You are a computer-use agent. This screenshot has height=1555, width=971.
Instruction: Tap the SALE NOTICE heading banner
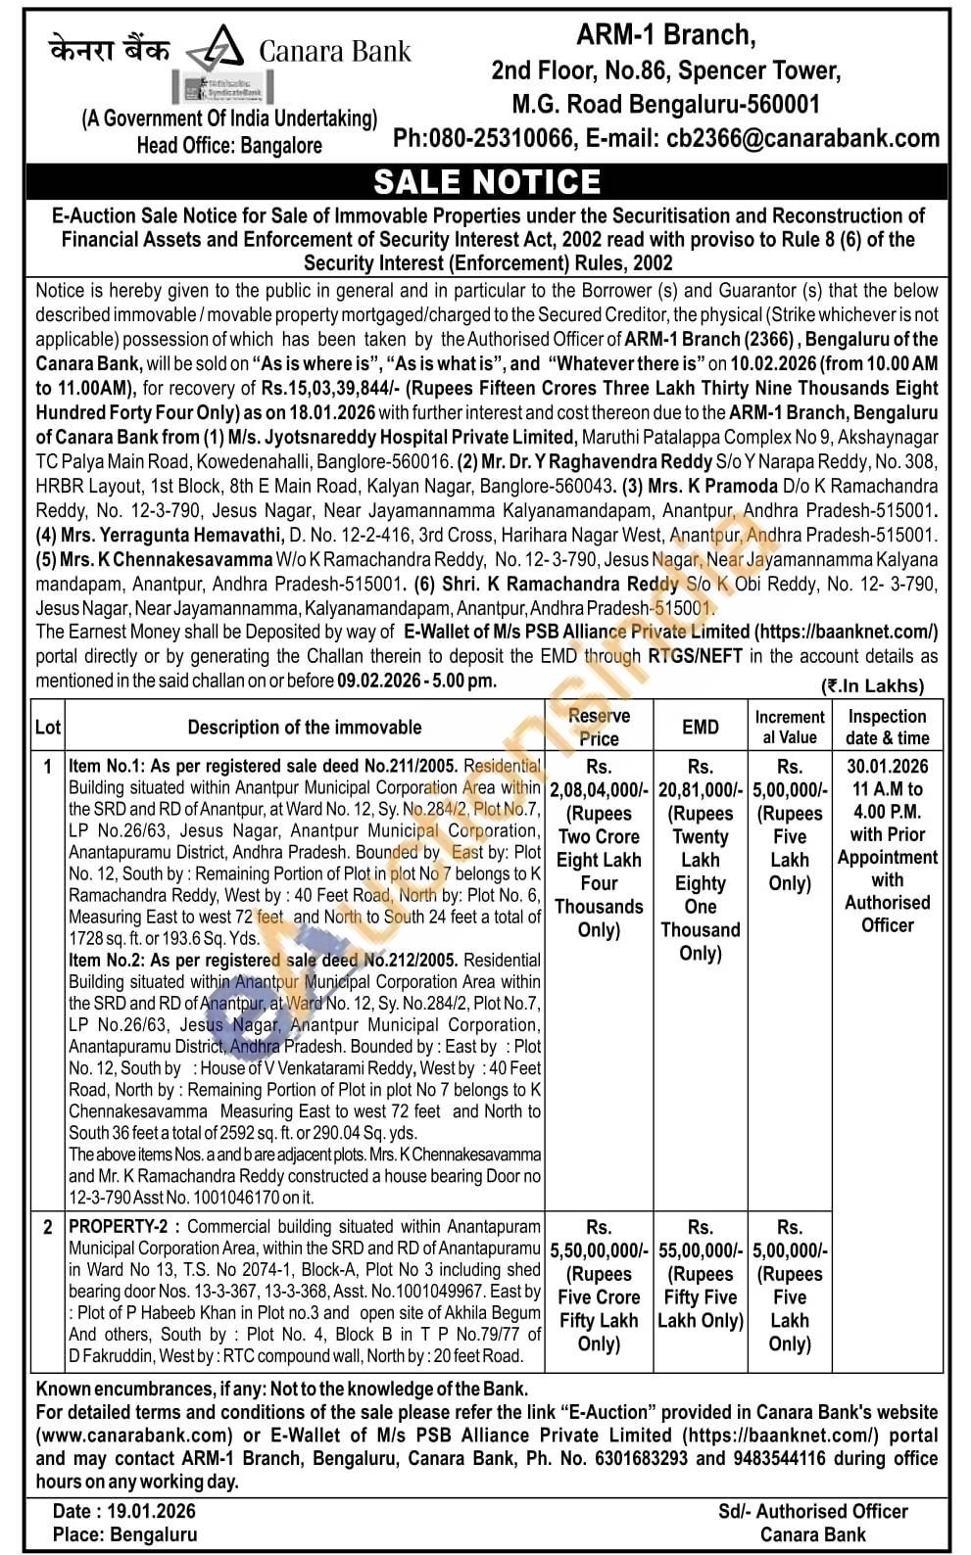pyautogui.click(x=487, y=182)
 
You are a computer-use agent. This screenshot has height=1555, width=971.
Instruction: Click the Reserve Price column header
pyautogui.click(x=599, y=727)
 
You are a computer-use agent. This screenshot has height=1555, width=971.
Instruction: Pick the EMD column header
pyautogui.click(x=700, y=727)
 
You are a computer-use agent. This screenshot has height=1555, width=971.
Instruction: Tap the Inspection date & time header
pyautogui.click(x=887, y=727)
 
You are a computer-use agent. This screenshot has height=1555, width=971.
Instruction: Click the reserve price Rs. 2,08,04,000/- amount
pyautogui.click(x=599, y=789)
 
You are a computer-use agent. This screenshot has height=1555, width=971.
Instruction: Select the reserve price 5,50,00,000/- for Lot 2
pyautogui.click(x=599, y=1250)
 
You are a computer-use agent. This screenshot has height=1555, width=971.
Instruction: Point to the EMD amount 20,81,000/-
pyautogui.click(x=700, y=789)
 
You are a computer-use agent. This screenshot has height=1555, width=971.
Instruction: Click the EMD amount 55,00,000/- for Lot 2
pyautogui.click(x=700, y=1250)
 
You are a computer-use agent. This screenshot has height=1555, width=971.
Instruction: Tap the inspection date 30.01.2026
pyautogui.click(x=887, y=767)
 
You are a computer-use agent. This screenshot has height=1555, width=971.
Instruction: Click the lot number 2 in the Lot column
pyautogui.click(x=47, y=1227)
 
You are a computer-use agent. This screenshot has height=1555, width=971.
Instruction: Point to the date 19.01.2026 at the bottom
pyautogui.click(x=152, y=1512)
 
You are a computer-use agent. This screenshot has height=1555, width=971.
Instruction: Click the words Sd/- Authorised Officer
pyautogui.click(x=812, y=1512)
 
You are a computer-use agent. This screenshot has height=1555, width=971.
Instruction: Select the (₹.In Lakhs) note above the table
pyautogui.click(x=872, y=685)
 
